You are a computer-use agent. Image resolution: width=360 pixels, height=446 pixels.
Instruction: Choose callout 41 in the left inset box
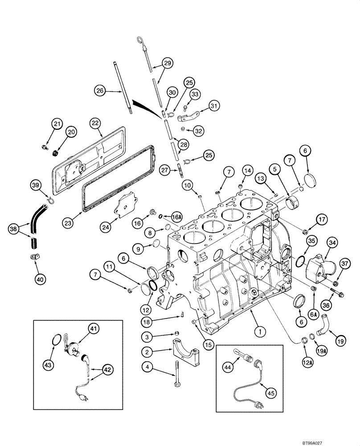click(x=93, y=329)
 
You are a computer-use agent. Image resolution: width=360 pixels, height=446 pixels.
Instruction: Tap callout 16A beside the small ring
click(x=177, y=217)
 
